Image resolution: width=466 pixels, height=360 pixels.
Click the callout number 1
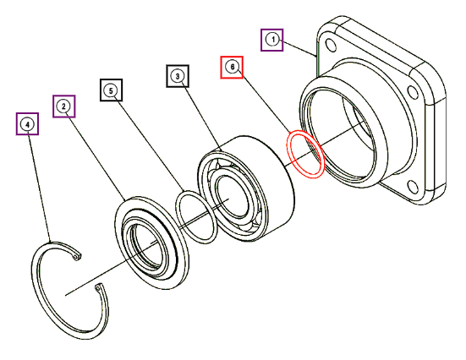[272, 40]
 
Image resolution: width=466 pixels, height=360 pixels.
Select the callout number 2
[64, 106]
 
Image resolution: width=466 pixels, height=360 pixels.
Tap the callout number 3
[178, 76]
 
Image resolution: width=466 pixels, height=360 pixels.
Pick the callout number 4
[27, 124]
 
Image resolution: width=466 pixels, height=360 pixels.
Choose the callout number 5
[111, 90]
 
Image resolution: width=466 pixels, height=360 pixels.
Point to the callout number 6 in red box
[232, 67]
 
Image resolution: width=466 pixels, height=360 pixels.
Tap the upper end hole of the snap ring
[77, 256]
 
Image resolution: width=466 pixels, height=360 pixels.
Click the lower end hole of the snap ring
[98, 287]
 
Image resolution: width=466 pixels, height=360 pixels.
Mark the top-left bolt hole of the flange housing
[331, 45]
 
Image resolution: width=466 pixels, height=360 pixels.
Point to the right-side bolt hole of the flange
[412, 91]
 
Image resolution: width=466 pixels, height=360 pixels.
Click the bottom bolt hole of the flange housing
[413, 187]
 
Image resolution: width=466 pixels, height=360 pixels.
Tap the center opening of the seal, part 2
[146, 246]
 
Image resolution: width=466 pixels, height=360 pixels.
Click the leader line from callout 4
[40, 188]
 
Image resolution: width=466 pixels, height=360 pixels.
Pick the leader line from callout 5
[151, 145]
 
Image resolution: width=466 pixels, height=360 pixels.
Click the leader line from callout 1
[299, 48]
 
